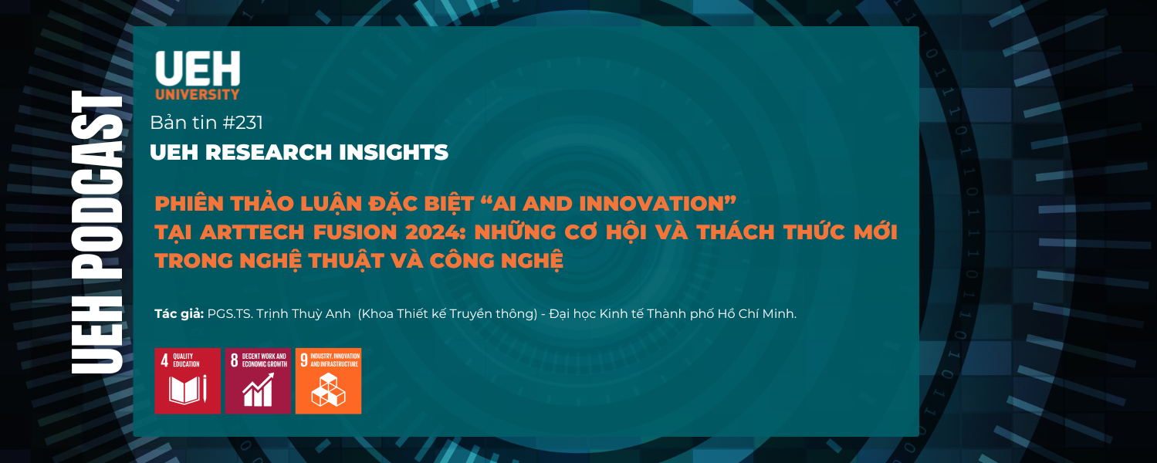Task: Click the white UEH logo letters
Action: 198,68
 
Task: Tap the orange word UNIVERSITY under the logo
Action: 198,94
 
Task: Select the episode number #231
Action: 242,123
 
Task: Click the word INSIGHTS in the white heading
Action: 394,152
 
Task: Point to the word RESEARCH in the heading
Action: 269,152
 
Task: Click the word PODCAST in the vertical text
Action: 97,186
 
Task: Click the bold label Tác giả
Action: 179,314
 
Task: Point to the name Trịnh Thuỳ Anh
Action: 303,314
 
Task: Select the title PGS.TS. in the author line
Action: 230,314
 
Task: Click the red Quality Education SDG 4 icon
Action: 188,381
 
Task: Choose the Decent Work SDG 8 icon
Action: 258,381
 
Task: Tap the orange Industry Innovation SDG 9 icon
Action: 329,381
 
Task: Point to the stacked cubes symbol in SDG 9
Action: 329,390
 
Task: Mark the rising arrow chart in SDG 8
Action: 259,390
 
